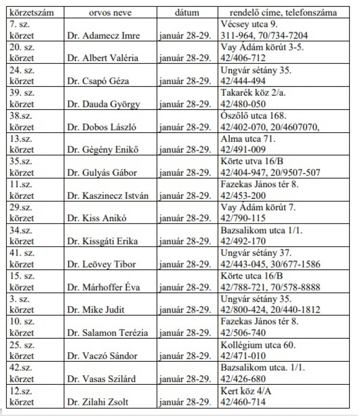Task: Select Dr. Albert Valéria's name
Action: point(102,58)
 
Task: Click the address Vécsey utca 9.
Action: point(248,24)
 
